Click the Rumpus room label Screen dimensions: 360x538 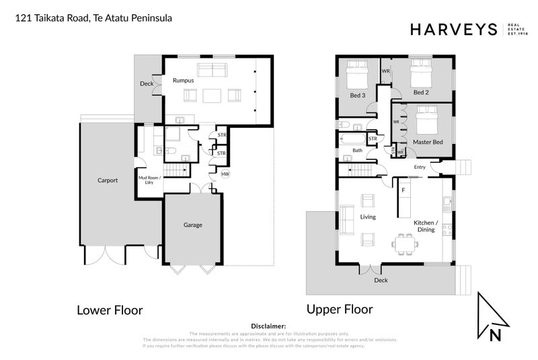183,81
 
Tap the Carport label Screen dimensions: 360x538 108,180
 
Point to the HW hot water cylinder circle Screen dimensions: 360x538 225,174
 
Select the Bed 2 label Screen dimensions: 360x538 421,92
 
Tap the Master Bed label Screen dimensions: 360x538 428,142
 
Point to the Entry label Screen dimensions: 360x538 420,167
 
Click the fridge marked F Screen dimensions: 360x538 403,190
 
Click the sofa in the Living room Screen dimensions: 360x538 348,219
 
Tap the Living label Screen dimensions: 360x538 367,217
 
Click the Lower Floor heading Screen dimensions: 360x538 110,310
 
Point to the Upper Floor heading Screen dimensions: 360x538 340,310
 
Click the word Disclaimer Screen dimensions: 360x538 268,326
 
